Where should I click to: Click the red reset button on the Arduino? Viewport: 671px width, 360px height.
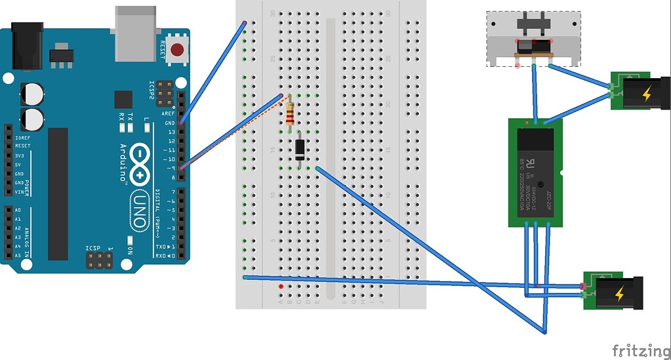click(176, 49)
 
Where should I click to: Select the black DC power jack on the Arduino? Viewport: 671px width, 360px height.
click(27, 45)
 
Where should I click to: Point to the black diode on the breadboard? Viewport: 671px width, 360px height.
click(300, 149)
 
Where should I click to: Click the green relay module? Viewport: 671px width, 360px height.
click(535, 172)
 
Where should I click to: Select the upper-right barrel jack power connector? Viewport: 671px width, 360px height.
click(637, 92)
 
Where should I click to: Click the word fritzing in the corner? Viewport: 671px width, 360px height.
click(636, 350)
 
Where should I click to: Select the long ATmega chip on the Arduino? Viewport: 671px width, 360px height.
click(58, 193)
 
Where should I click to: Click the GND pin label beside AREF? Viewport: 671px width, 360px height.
click(170, 123)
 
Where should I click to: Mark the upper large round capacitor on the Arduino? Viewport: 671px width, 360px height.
click(31, 93)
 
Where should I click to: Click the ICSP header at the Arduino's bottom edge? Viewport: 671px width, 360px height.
click(98, 262)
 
